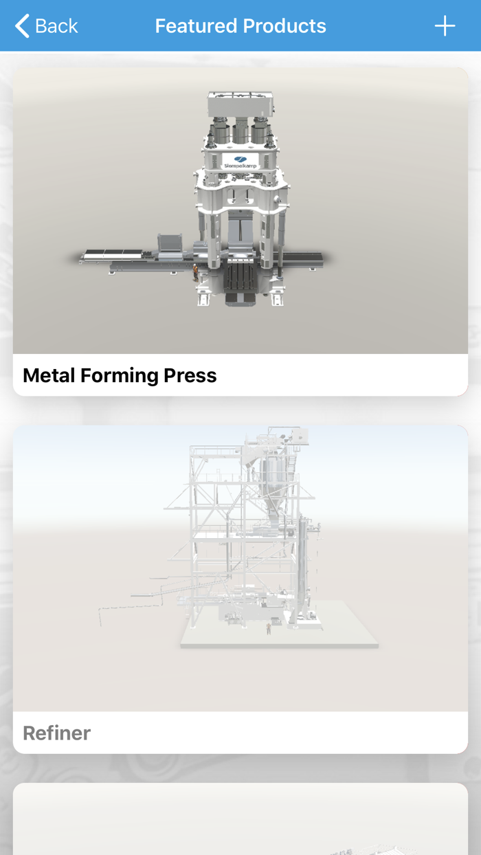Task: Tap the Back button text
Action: [x=56, y=26]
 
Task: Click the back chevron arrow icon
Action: [x=22, y=26]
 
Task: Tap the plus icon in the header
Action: [x=445, y=26]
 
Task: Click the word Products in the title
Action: [x=284, y=26]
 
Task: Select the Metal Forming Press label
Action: [x=120, y=375]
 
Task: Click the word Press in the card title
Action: [x=190, y=375]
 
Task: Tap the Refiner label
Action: [x=57, y=733]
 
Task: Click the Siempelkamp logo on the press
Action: [x=240, y=162]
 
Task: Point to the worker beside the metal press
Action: [x=195, y=273]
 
